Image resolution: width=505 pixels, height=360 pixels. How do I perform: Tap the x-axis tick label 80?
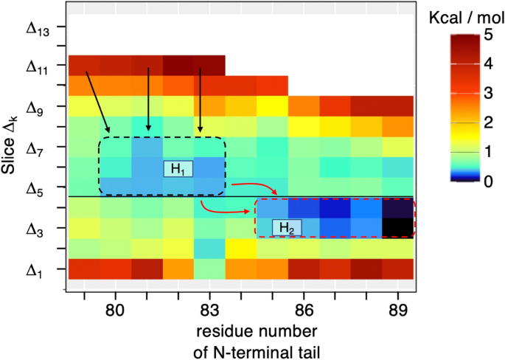(115, 308)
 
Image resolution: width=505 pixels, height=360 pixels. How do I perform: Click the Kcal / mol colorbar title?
(465, 16)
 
